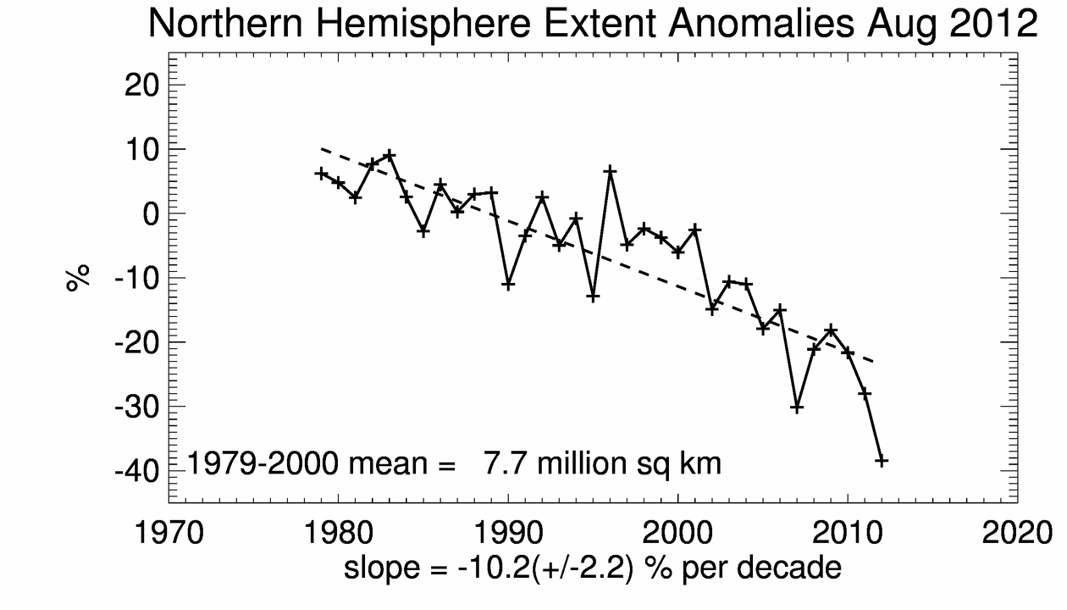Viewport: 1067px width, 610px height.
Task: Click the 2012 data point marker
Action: click(882, 460)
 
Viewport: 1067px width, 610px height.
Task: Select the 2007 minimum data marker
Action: click(797, 408)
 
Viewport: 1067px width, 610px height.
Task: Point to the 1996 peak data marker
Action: click(610, 171)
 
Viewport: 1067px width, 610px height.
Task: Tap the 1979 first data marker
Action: click(321, 174)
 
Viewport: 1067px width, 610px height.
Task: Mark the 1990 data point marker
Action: click(508, 285)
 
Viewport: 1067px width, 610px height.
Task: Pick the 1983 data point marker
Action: click(390, 155)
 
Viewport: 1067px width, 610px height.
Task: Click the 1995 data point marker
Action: click(593, 297)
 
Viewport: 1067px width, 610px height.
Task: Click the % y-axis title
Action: click(79, 277)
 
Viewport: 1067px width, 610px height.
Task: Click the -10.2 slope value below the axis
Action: click(489, 568)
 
